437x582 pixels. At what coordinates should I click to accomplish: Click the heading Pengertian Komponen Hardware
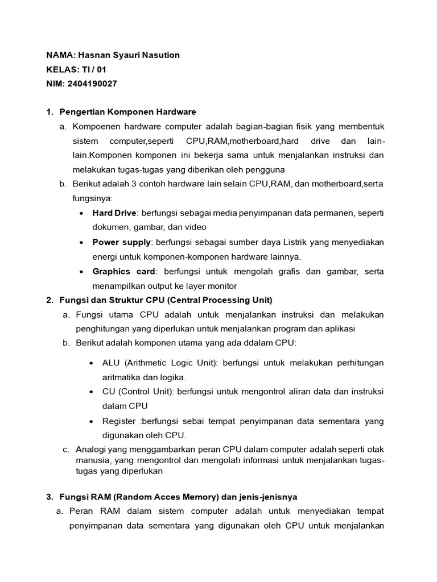[x=127, y=111]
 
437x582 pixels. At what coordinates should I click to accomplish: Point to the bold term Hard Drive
[x=114, y=213]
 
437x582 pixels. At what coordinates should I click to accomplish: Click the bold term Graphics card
[x=123, y=272]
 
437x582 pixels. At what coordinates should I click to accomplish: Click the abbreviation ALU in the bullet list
[x=112, y=363]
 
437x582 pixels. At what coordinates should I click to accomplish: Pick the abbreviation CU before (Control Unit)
[x=108, y=392]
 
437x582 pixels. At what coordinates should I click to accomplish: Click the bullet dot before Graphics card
[x=83, y=272]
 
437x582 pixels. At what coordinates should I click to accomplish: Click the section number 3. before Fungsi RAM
[x=50, y=497]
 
